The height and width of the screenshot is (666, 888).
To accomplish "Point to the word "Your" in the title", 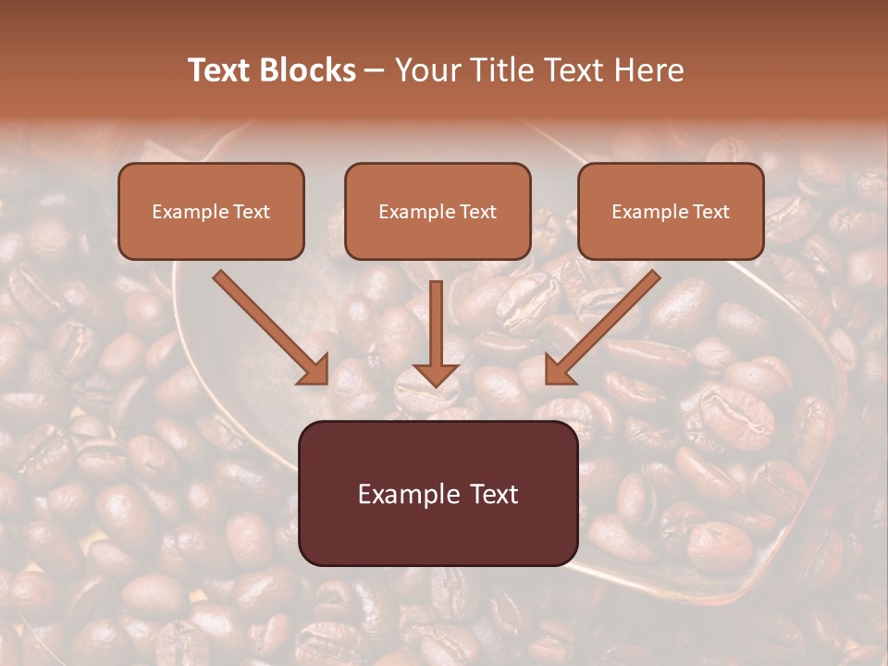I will point(428,70).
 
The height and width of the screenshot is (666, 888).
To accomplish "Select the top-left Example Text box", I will point(211,211).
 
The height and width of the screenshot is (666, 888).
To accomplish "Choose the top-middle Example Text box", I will point(438,211).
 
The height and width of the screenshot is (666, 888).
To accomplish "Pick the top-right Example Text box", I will point(671,211).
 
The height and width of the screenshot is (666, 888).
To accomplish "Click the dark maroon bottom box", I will point(438,493).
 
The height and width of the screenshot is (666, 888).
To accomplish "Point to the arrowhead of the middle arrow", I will point(436,374).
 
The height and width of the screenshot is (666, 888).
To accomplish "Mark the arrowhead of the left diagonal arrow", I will point(314,370).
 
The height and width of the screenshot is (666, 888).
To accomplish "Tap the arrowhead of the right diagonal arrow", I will point(559,370).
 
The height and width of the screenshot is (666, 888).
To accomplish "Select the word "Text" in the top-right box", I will point(710,212).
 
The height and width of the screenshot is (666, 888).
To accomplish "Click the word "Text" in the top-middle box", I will point(478,212).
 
